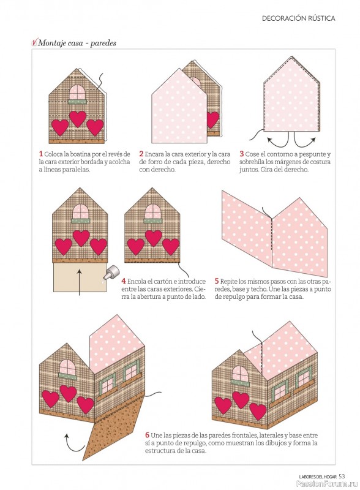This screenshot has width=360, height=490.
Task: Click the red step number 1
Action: tap(40, 154)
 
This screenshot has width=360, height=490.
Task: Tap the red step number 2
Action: tap(141, 154)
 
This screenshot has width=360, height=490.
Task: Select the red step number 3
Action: tap(242, 154)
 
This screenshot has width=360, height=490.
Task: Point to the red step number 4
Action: tap(124, 281)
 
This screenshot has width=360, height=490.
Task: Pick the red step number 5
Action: tap(217, 281)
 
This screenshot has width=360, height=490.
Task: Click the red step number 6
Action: tap(147, 435)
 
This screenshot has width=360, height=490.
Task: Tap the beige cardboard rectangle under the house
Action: tap(80, 277)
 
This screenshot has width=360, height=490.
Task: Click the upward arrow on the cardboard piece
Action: tap(80, 282)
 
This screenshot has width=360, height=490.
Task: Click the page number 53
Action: tap(342, 477)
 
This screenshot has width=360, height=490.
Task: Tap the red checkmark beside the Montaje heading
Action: tap(34, 42)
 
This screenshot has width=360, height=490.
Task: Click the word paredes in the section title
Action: tap(103, 43)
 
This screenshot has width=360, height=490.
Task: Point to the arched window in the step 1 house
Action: tap(78, 92)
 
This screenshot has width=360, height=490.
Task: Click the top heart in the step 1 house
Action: tap(78, 118)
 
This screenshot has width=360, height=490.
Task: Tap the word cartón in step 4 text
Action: tap(161, 281)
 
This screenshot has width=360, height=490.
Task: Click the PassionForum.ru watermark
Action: tap(326, 484)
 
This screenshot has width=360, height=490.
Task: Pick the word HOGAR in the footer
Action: tap(330, 477)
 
